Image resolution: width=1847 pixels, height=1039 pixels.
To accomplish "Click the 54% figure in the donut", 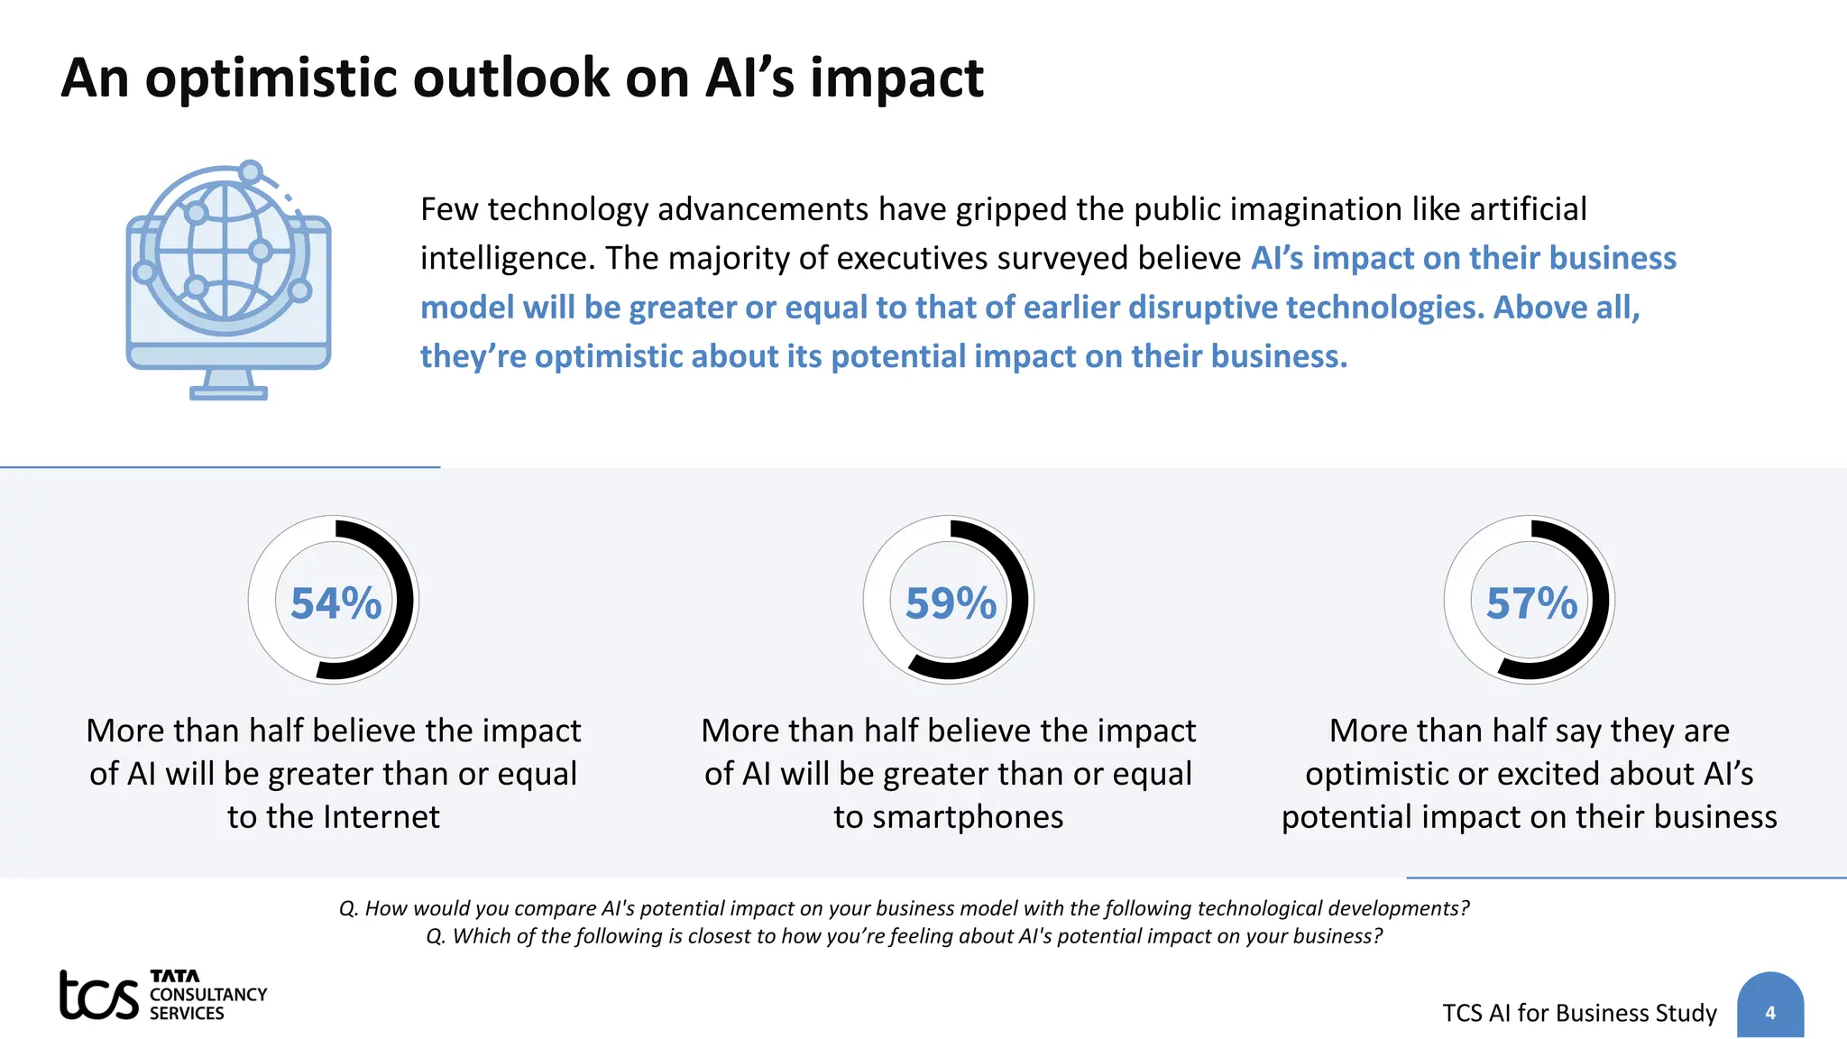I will [x=335, y=603].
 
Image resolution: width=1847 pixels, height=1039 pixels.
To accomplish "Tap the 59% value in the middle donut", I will [x=951, y=603].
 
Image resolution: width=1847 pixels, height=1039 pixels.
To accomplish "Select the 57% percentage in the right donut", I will [x=1531, y=603].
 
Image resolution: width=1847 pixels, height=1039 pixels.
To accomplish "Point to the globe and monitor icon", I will [x=227, y=280].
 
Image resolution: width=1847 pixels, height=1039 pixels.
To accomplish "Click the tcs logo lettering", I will [x=98, y=996].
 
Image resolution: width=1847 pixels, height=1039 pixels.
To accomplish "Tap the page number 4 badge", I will [x=1769, y=1012].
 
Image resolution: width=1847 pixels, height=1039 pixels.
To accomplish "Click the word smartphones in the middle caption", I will [x=949, y=817].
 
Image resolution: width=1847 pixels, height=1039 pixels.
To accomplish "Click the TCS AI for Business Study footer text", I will [x=1579, y=1013].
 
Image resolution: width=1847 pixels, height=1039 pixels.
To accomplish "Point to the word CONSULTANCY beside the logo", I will [x=208, y=994].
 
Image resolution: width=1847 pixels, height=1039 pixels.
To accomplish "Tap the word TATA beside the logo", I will [x=174, y=976].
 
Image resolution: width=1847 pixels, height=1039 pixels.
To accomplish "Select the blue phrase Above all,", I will [x=1567, y=308].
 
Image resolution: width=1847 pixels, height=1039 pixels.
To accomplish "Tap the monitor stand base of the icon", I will [x=228, y=393].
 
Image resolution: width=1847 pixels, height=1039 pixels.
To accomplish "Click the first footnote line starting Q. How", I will [x=904, y=908].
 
